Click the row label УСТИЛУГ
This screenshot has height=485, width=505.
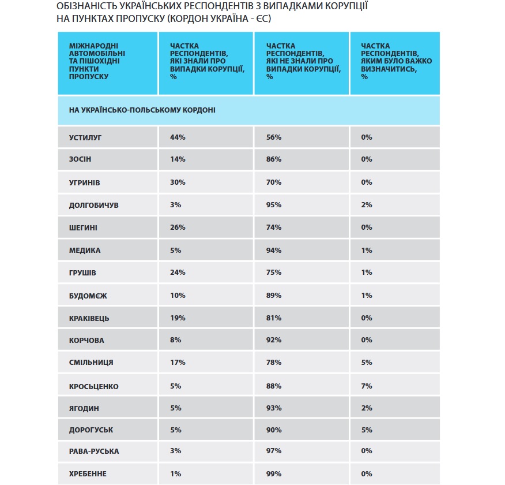[85, 137]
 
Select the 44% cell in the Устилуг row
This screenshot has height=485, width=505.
[178, 137]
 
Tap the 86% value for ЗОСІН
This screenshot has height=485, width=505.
[274, 159]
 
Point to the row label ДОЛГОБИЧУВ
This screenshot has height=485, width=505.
[94, 205]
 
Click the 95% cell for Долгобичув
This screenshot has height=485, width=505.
[274, 205]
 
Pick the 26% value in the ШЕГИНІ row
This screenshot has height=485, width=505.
[178, 227]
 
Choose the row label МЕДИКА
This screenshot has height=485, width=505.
[85, 250]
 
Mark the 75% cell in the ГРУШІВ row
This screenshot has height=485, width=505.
[274, 273]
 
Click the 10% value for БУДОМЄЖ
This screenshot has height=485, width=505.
[178, 296]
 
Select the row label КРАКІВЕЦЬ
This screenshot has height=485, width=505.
[89, 318]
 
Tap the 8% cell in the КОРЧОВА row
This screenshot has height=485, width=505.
[175, 340]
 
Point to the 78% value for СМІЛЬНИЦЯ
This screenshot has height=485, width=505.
[274, 363]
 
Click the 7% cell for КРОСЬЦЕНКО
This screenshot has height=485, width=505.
[367, 386]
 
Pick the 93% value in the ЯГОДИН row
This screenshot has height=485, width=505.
[274, 408]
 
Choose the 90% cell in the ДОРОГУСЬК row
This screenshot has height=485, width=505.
[274, 430]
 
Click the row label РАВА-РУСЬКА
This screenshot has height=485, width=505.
[94, 451]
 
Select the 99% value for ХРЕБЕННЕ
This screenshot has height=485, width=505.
[274, 473]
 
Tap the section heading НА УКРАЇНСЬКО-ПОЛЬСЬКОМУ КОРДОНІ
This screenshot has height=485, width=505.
[142, 110]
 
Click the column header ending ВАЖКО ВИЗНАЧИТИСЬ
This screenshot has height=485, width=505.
[396, 61]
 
